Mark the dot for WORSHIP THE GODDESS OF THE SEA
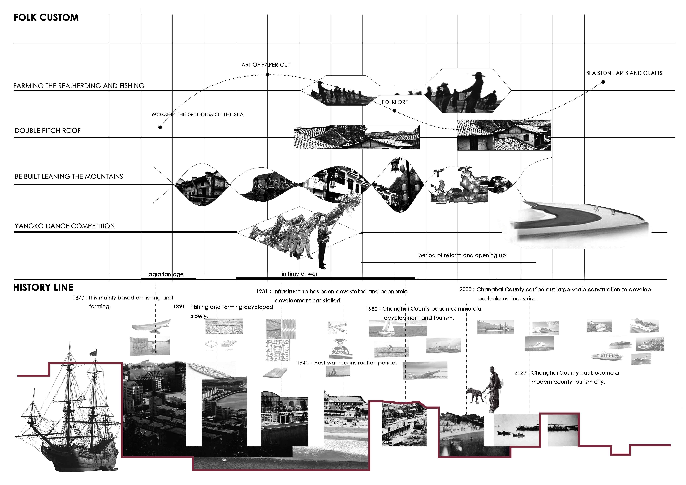[x=160, y=127]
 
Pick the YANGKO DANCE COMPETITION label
[x=65, y=226]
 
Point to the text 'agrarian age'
[x=166, y=274]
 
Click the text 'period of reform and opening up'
[x=462, y=255]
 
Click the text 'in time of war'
[x=299, y=274]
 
